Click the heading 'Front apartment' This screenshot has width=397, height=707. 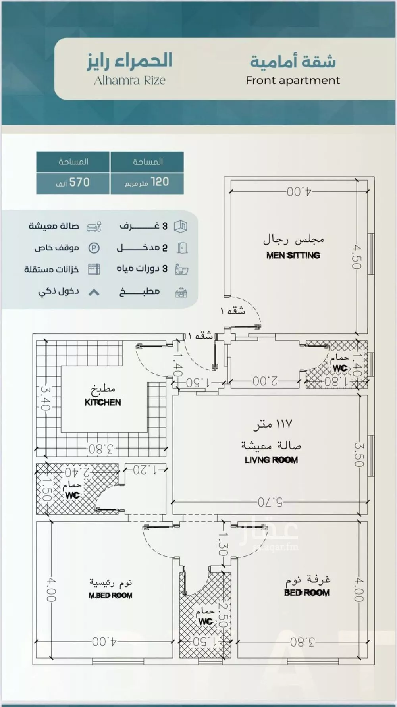[x=293, y=81]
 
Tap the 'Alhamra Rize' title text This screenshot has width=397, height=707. [x=129, y=81]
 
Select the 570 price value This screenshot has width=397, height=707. [x=79, y=183]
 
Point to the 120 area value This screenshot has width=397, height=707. [x=160, y=182]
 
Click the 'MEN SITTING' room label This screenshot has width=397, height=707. [x=293, y=256]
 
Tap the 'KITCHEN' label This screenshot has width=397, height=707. [x=102, y=403]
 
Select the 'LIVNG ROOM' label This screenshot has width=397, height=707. [x=271, y=460]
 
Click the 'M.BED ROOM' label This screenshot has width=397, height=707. [x=110, y=595]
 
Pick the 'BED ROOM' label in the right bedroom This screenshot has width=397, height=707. [x=306, y=593]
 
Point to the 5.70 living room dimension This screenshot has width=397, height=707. [x=270, y=502]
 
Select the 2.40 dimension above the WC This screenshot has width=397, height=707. [x=77, y=472]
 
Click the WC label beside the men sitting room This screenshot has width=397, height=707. [x=340, y=368]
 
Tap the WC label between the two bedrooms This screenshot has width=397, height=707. [x=205, y=622]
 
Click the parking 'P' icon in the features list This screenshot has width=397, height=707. [x=94, y=248]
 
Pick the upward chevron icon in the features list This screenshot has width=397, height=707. [x=94, y=293]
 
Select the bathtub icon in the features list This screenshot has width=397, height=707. [x=181, y=270]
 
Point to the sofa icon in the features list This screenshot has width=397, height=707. [x=94, y=227]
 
